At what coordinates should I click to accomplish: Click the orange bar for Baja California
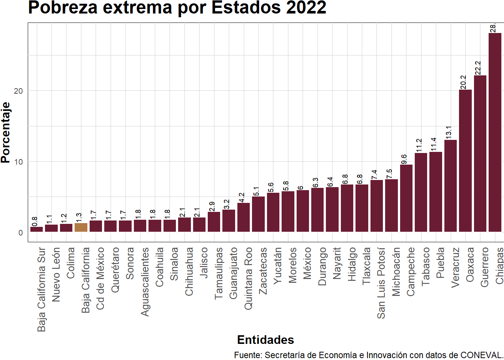(x=81, y=228)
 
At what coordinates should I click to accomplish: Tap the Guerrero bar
(x=480, y=154)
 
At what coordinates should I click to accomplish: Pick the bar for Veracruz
(x=450, y=186)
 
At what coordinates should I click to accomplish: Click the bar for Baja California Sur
(x=36, y=229)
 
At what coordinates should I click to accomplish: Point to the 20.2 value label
(x=463, y=82)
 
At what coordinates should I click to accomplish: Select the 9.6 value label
(x=404, y=159)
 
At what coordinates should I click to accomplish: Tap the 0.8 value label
(x=34, y=221)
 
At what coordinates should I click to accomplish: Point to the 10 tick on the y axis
(x=18, y=162)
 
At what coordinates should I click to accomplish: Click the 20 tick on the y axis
(x=18, y=91)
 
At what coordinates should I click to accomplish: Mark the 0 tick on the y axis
(x=21, y=232)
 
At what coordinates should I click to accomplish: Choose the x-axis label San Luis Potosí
(x=381, y=283)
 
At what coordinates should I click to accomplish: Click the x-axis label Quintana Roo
(x=248, y=278)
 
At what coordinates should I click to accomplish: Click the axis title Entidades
(x=265, y=340)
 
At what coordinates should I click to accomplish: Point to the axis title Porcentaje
(x=6, y=132)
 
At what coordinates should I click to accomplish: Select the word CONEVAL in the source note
(x=481, y=355)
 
